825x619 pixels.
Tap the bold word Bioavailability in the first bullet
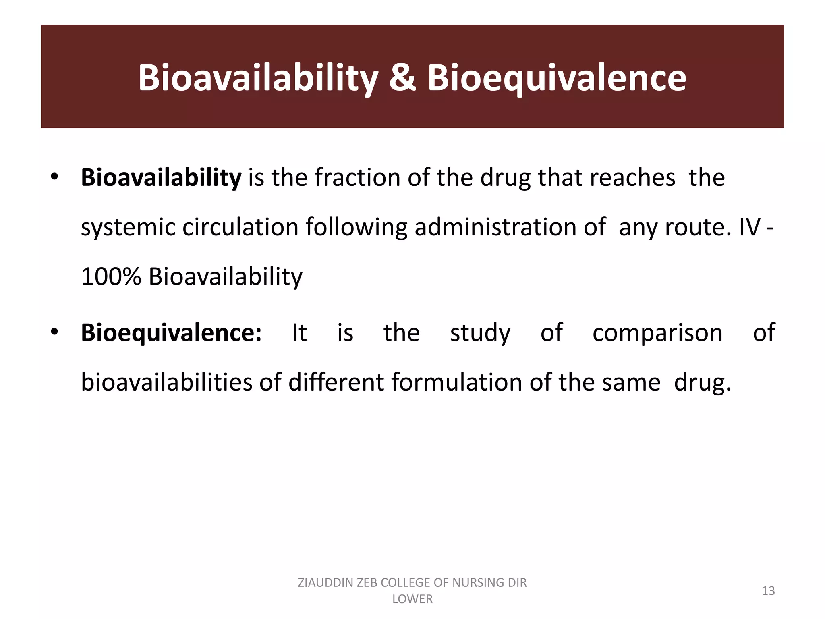pos(161,178)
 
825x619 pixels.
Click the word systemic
pos(128,227)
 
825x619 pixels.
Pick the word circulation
pos(240,227)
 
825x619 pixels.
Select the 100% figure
pos(111,277)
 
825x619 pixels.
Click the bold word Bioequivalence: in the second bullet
pos(171,333)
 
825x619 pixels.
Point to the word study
pos(480,333)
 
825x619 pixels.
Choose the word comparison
pos(657,333)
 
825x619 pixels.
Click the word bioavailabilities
pos(166,382)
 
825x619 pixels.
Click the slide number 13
pos(768,591)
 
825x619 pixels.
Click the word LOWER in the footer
pos(412,599)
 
